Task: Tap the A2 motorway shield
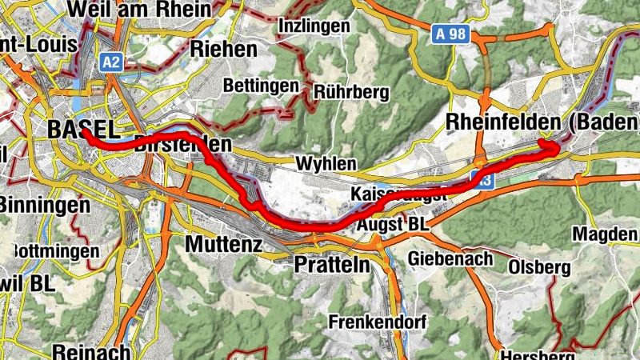[110, 61]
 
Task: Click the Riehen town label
[224, 49]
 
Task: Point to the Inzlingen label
[314, 26]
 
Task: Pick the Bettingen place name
[261, 85]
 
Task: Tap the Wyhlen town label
[326, 163]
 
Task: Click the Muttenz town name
[223, 242]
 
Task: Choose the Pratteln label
[332, 263]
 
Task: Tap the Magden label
[606, 234]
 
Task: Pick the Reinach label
[80, 351]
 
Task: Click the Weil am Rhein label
[141, 9]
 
